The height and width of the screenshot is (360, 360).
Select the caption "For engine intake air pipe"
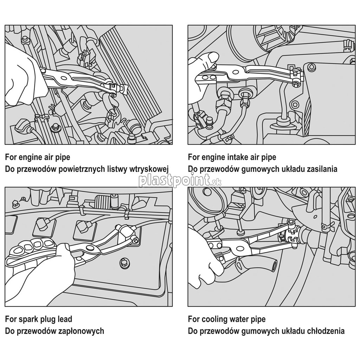point(232,157)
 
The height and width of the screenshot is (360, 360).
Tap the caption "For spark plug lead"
point(38,319)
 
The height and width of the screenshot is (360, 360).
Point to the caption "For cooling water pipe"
point(226,319)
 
